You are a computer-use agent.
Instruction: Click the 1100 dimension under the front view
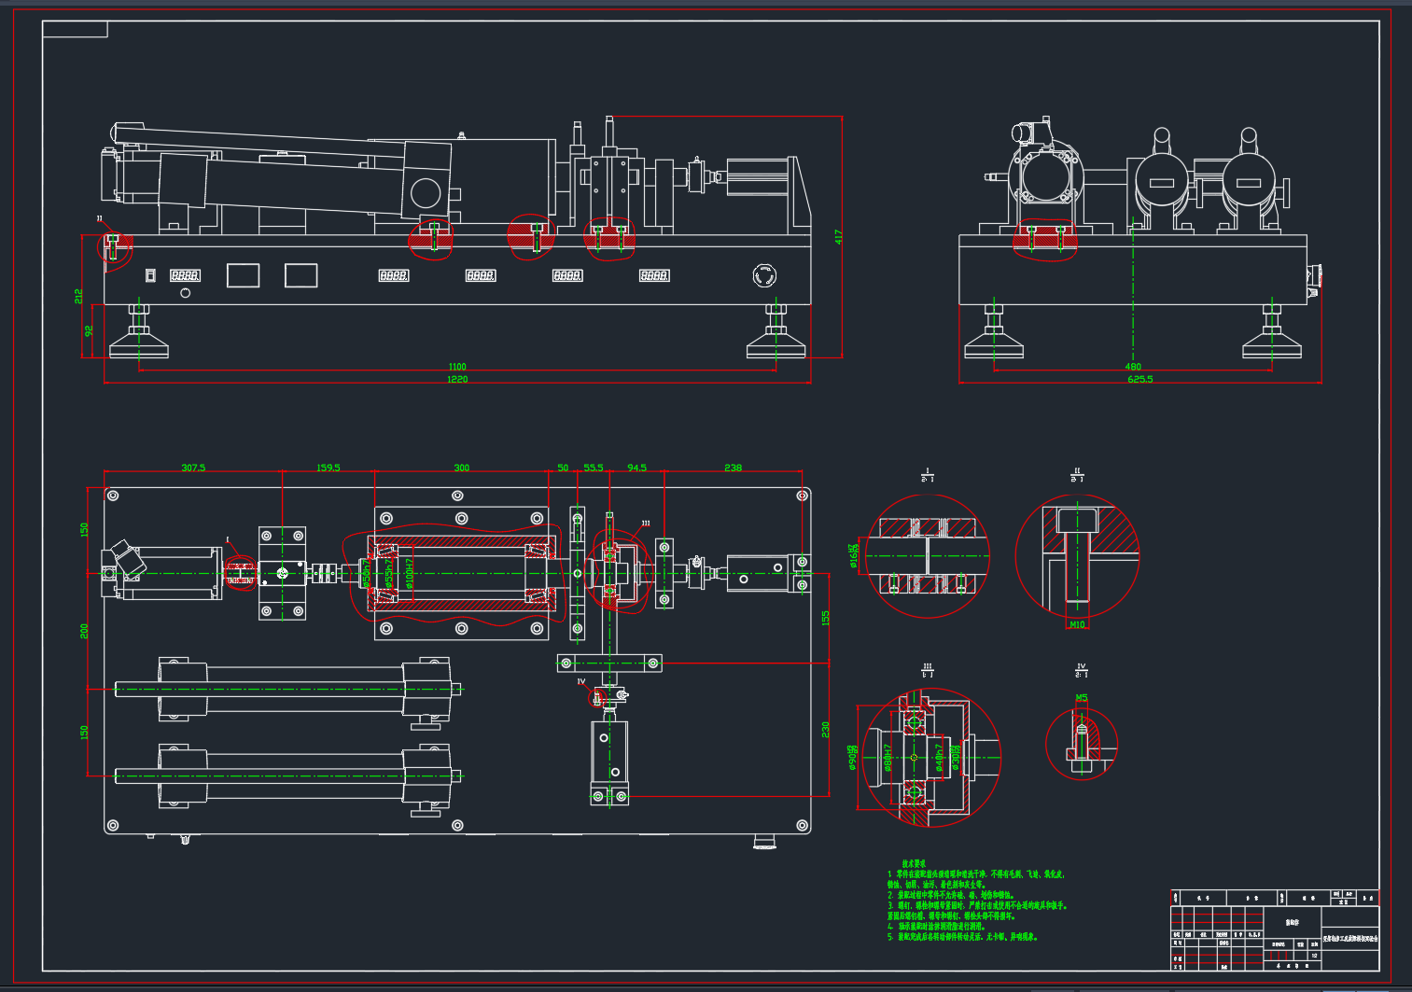pos(456,367)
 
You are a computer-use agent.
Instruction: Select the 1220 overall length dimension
pos(456,380)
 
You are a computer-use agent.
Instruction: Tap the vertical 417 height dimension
pos(838,237)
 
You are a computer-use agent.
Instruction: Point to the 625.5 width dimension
pos(1139,380)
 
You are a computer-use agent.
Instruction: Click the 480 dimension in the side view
pos(1133,367)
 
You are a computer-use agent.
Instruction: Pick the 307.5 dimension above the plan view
pos(193,468)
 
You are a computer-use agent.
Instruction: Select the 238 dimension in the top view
pos(733,468)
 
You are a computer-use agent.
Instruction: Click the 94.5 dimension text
pos(636,468)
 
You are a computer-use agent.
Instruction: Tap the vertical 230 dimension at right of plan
pos(825,729)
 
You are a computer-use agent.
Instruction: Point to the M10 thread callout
pos(1077,624)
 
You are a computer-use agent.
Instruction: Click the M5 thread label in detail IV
pos(1082,698)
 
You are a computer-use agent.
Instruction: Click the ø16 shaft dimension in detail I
pos(853,555)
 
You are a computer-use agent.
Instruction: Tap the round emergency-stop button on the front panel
pos(764,276)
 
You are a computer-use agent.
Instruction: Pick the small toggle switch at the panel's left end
pos(150,275)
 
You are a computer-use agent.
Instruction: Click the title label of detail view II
pos(1077,475)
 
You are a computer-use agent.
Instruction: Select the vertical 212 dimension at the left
pos(78,296)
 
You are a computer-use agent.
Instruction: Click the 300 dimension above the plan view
pos(461,468)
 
